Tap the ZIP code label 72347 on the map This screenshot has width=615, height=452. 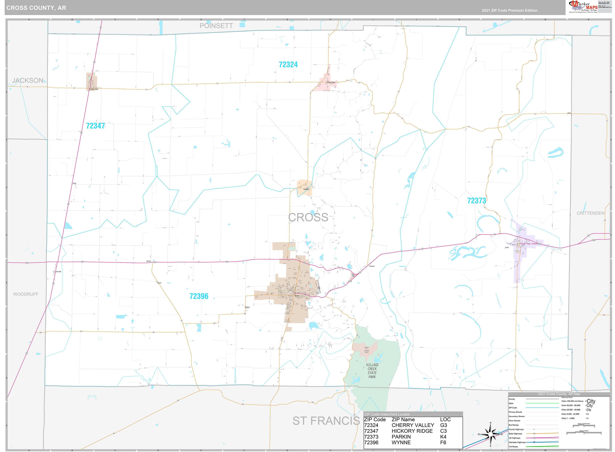point(95,126)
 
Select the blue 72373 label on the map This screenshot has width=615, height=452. point(476,201)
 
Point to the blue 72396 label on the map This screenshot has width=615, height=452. point(199,296)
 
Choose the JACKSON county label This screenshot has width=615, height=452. point(28,80)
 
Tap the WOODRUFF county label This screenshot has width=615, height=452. point(26,294)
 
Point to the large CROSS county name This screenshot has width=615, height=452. point(308,217)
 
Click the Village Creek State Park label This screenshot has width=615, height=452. point(372,371)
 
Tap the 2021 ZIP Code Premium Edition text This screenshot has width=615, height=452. point(510,10)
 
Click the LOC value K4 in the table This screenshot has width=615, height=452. point(443,437)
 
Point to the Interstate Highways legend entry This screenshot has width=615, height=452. point(517,442)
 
